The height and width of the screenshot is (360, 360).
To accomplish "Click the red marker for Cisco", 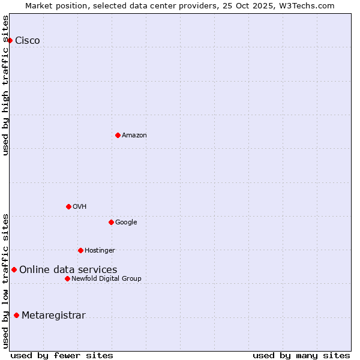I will click(x=10, y=40).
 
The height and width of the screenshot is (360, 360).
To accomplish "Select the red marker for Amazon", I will click(x=118, y=135).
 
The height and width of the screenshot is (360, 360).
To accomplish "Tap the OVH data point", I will click(x=68, y=206).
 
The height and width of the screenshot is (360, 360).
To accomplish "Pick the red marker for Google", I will click(x=111, y=222).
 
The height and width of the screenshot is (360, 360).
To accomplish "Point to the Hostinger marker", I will click(x=80, y=250).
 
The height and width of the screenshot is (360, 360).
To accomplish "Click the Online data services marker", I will click(x=14, y=269).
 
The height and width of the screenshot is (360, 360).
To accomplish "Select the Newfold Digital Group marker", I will click(x=67, y=278).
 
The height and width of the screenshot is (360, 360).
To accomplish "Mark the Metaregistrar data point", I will click(x=16, y=315).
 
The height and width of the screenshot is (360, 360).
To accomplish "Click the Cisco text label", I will click(x=28, y=41).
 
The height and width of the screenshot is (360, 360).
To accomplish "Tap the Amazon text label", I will click(x=134, y=136).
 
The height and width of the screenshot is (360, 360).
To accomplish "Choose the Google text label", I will click(x=126, y=223).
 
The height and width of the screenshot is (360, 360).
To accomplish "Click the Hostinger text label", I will click(x=100, y=251).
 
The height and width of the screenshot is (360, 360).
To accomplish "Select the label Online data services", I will click(x=68, y=270).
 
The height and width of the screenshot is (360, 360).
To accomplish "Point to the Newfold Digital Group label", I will click(x=106, y=279).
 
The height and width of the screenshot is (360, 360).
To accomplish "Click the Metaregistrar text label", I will click(x=53, y=316).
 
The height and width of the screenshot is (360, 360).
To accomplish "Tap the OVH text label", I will click(x=80, y=207).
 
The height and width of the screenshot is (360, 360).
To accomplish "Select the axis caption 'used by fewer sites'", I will click(x=62, y=355).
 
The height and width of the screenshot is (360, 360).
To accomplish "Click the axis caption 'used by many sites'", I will click(x=301, y=355).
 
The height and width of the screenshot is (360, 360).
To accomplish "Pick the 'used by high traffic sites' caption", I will click(x=6, y=85).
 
